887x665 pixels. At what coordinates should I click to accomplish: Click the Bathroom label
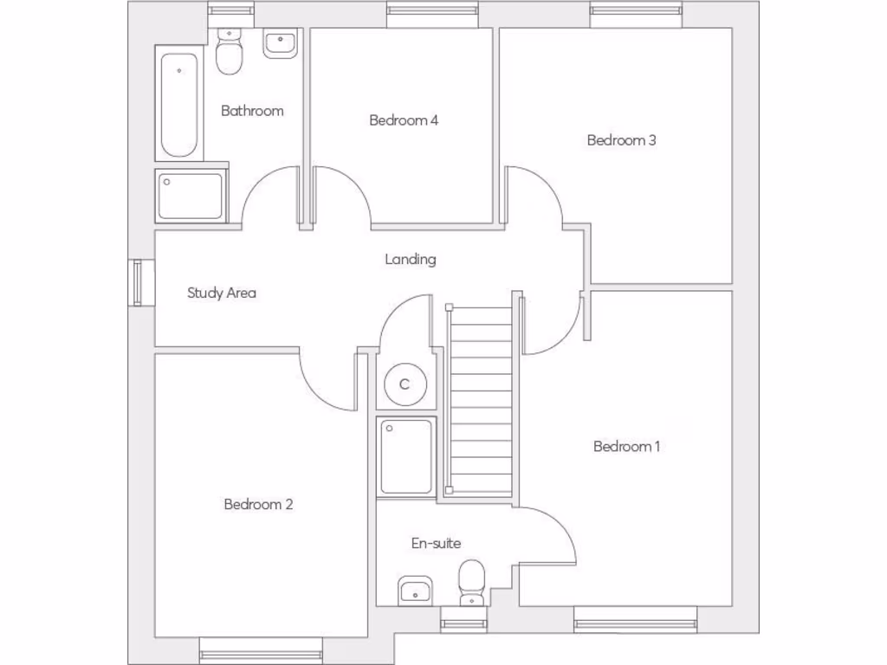(252, 111)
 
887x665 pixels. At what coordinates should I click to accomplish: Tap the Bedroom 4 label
(404, 120)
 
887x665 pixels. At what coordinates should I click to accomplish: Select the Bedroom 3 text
(621, 140)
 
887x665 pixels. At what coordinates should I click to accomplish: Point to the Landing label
(411, 259)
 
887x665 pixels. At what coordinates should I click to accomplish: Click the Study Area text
(222, 293)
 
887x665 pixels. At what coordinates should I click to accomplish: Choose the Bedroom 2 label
(258, 504)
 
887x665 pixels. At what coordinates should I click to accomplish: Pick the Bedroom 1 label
(627, 447)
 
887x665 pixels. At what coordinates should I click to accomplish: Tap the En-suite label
(436, 543)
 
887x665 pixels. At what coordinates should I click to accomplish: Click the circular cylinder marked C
(405, 384)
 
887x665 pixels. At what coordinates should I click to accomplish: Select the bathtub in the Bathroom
(179, 103)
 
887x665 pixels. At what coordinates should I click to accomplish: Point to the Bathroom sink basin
(281, 43)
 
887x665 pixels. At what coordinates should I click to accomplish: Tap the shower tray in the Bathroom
(191, 196)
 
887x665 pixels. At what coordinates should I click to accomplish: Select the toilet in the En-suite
(471, 582)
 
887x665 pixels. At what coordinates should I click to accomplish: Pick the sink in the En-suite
(415, 592)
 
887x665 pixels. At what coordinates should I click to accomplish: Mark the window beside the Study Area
(139, 283)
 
